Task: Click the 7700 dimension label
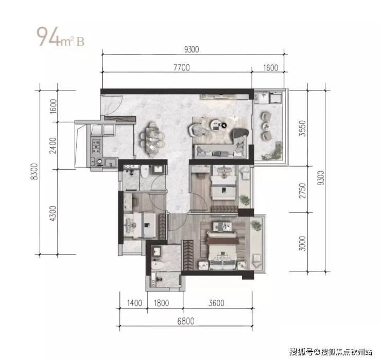[x=182, y=67]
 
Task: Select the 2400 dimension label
[x=53, y=146]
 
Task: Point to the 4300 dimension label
[x=53, y=213]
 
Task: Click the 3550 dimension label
[x=302, y=128]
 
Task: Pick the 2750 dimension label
[x=302, y=191]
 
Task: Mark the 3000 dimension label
[x=302, y=243]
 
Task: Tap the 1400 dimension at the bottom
[x=134, y=303]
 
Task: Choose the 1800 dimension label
[x=161, y=303]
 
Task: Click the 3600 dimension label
[x=216, y=303]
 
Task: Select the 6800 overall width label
[x=186, y=321]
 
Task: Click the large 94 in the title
[x=48, y=37]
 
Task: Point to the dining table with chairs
[x=152, y=139]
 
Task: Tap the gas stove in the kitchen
[x=96, y=147]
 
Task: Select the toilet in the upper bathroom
[x=145, y=171]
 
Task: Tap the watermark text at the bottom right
[x=331, y=351]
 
